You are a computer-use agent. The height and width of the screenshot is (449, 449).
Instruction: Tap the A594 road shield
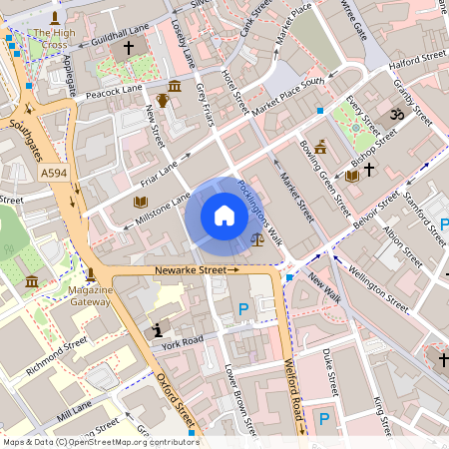coord(56,175)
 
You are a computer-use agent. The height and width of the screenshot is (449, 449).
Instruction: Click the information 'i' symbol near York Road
coord(157,330)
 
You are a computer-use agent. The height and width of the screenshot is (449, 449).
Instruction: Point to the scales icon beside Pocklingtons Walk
coord(259,238)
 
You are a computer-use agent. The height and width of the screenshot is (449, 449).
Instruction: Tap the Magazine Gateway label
coord(90,295)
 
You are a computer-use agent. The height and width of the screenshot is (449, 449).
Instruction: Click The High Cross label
coord(54,39)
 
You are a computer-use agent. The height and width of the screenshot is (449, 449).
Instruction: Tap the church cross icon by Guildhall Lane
coord(128,49)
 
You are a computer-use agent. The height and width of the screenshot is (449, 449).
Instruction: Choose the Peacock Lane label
coord(115,91)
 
